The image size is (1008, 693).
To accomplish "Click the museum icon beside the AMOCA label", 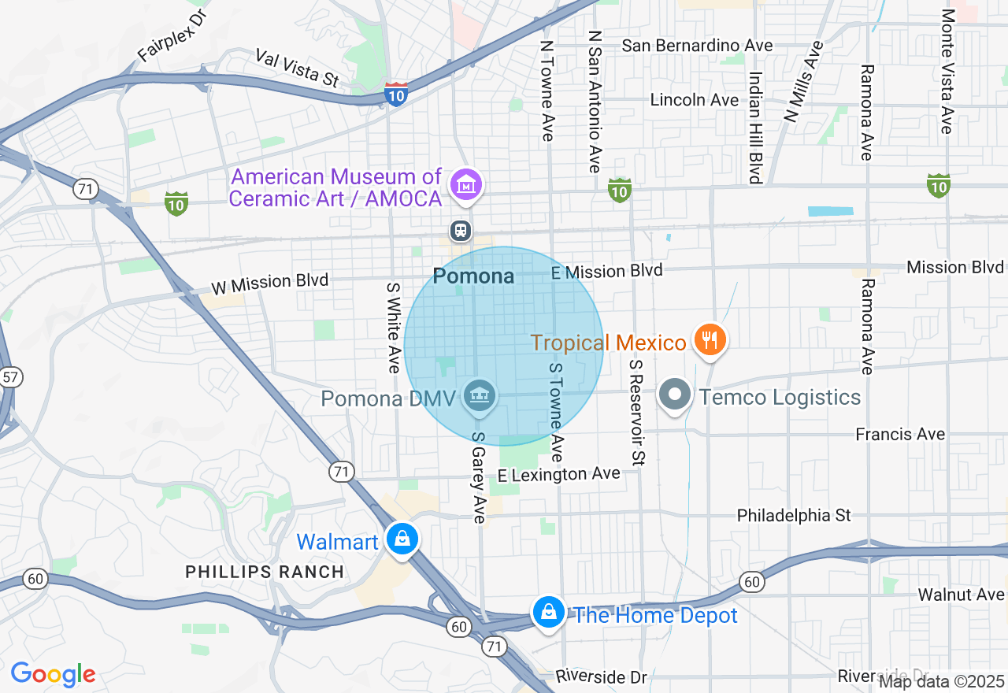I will (466, 185).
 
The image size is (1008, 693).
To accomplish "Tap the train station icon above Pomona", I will (460, 231).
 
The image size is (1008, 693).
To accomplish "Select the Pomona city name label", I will (473, 276).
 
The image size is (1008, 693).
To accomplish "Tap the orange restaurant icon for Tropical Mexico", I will (710, 340).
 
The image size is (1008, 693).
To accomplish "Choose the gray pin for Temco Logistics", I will (675, 395).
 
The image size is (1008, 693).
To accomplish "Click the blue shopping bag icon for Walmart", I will (402, 539).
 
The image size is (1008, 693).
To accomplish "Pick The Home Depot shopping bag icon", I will (548, 612).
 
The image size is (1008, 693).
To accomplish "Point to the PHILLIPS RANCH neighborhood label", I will (265, 573).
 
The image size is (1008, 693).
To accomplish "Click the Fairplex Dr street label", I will (170, 36).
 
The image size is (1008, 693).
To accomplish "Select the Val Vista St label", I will (297, 67).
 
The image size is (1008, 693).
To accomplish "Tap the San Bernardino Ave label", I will (697, 46).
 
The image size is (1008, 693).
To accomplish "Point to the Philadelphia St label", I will (794, 515).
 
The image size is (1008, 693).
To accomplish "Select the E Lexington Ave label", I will (559, 474).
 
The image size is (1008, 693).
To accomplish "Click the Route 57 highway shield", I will (10, 376).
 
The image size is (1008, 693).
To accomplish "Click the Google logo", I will (53, 674).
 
